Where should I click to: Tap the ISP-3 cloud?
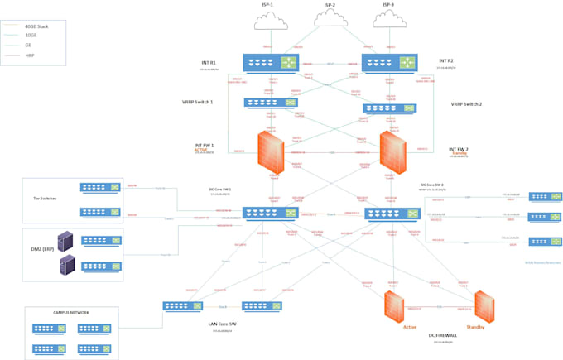click(389, 19)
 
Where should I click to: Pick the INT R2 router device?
click(389, 62)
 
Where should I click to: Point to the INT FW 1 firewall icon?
click(271, 153)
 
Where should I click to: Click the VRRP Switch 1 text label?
click(198, 102)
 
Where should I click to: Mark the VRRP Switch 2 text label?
click(467, 104)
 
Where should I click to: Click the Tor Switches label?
click(45, 199)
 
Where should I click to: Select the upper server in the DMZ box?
click(65, 241)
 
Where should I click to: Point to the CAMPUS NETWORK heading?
click(71, 312)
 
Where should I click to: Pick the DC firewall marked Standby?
click(484, 307)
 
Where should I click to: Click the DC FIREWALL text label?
click(444, 334)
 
